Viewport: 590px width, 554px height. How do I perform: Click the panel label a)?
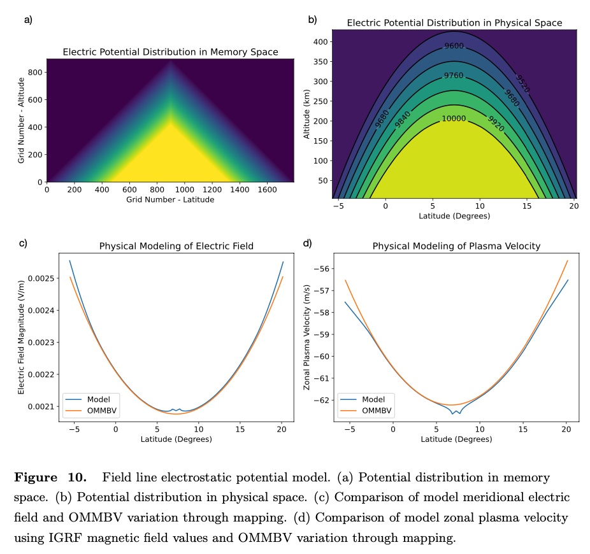(28, 20)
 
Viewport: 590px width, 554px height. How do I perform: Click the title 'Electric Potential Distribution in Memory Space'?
(170, 52)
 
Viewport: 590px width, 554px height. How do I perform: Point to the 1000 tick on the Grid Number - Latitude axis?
(184, 190)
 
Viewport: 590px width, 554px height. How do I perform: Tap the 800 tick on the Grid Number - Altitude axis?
(34, 72)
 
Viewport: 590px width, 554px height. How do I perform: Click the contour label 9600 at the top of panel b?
(454, 46)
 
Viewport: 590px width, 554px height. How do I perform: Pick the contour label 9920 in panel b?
(496, 124)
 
